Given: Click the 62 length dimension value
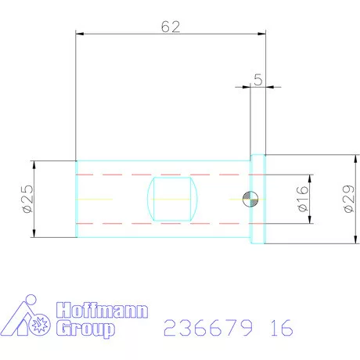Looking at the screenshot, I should click(x=171, y=27).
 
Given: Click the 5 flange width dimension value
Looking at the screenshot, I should click(x=257, y=80).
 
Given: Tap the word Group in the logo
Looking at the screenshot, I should click(x=85, y=329).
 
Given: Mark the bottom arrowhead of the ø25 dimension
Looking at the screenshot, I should click(x=35, y=234).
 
